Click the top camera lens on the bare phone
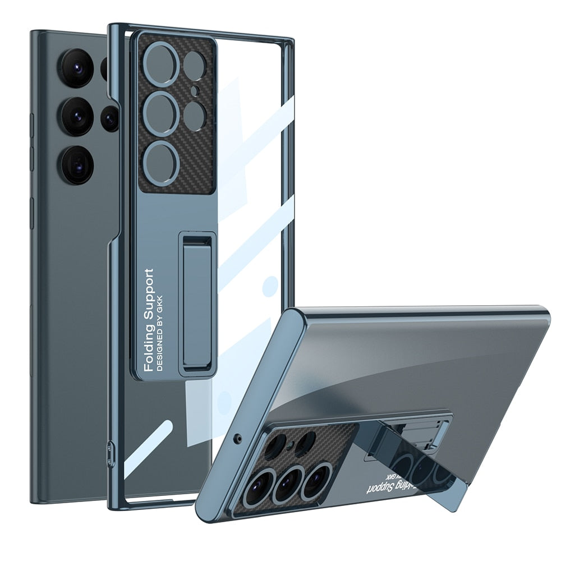[77, 67]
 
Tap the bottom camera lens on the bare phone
[77, 164]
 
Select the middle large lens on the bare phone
[77, 116]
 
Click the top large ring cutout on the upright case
[161, 66]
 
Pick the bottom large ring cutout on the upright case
[161, 162]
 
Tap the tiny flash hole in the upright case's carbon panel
[194, 90]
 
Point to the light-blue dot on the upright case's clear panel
[270, 285]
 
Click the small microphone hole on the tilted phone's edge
[240, 436]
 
